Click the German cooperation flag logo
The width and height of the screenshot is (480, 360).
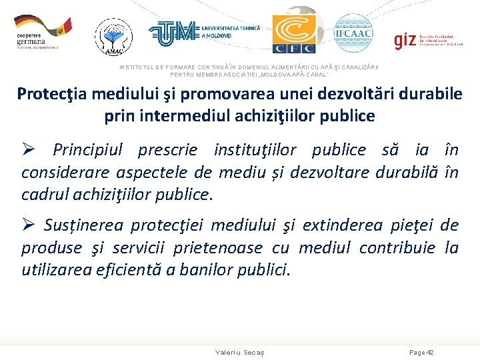(x=42, y=31)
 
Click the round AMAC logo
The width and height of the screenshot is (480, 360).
(x=113, y=35)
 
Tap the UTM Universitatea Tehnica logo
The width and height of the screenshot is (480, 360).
(x=203, y=31)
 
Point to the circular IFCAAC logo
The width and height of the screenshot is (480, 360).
(x=353, y=33)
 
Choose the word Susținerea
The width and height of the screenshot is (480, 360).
(x=84, y=225)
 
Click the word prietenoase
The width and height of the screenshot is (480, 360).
(x=218, y=248)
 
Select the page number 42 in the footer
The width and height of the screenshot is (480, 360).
(x=430, y=352)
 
